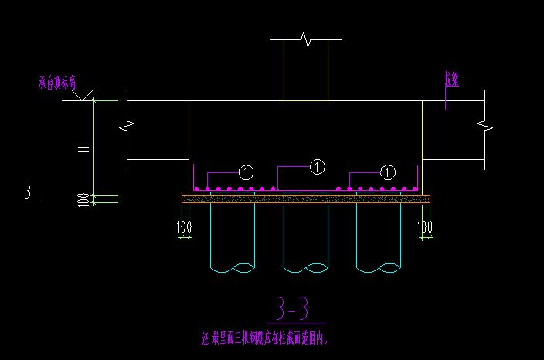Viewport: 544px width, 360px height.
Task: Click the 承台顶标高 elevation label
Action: point(57,83)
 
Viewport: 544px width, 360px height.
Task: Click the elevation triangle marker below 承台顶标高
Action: point(83,95)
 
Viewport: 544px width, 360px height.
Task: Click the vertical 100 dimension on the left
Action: point(83,199)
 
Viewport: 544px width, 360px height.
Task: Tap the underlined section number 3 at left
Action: point(29,192)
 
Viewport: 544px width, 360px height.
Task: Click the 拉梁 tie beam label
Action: point(451,79)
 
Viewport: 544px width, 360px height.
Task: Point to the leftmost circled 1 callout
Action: point(246,172)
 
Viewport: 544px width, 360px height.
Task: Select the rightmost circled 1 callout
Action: point(388,172)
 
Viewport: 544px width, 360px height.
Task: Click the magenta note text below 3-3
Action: point(268,338)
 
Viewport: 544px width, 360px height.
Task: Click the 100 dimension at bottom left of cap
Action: point(184,227)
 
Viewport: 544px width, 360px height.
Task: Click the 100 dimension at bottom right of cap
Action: point(426,227)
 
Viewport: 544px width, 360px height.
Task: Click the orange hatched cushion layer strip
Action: point(306,199)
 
